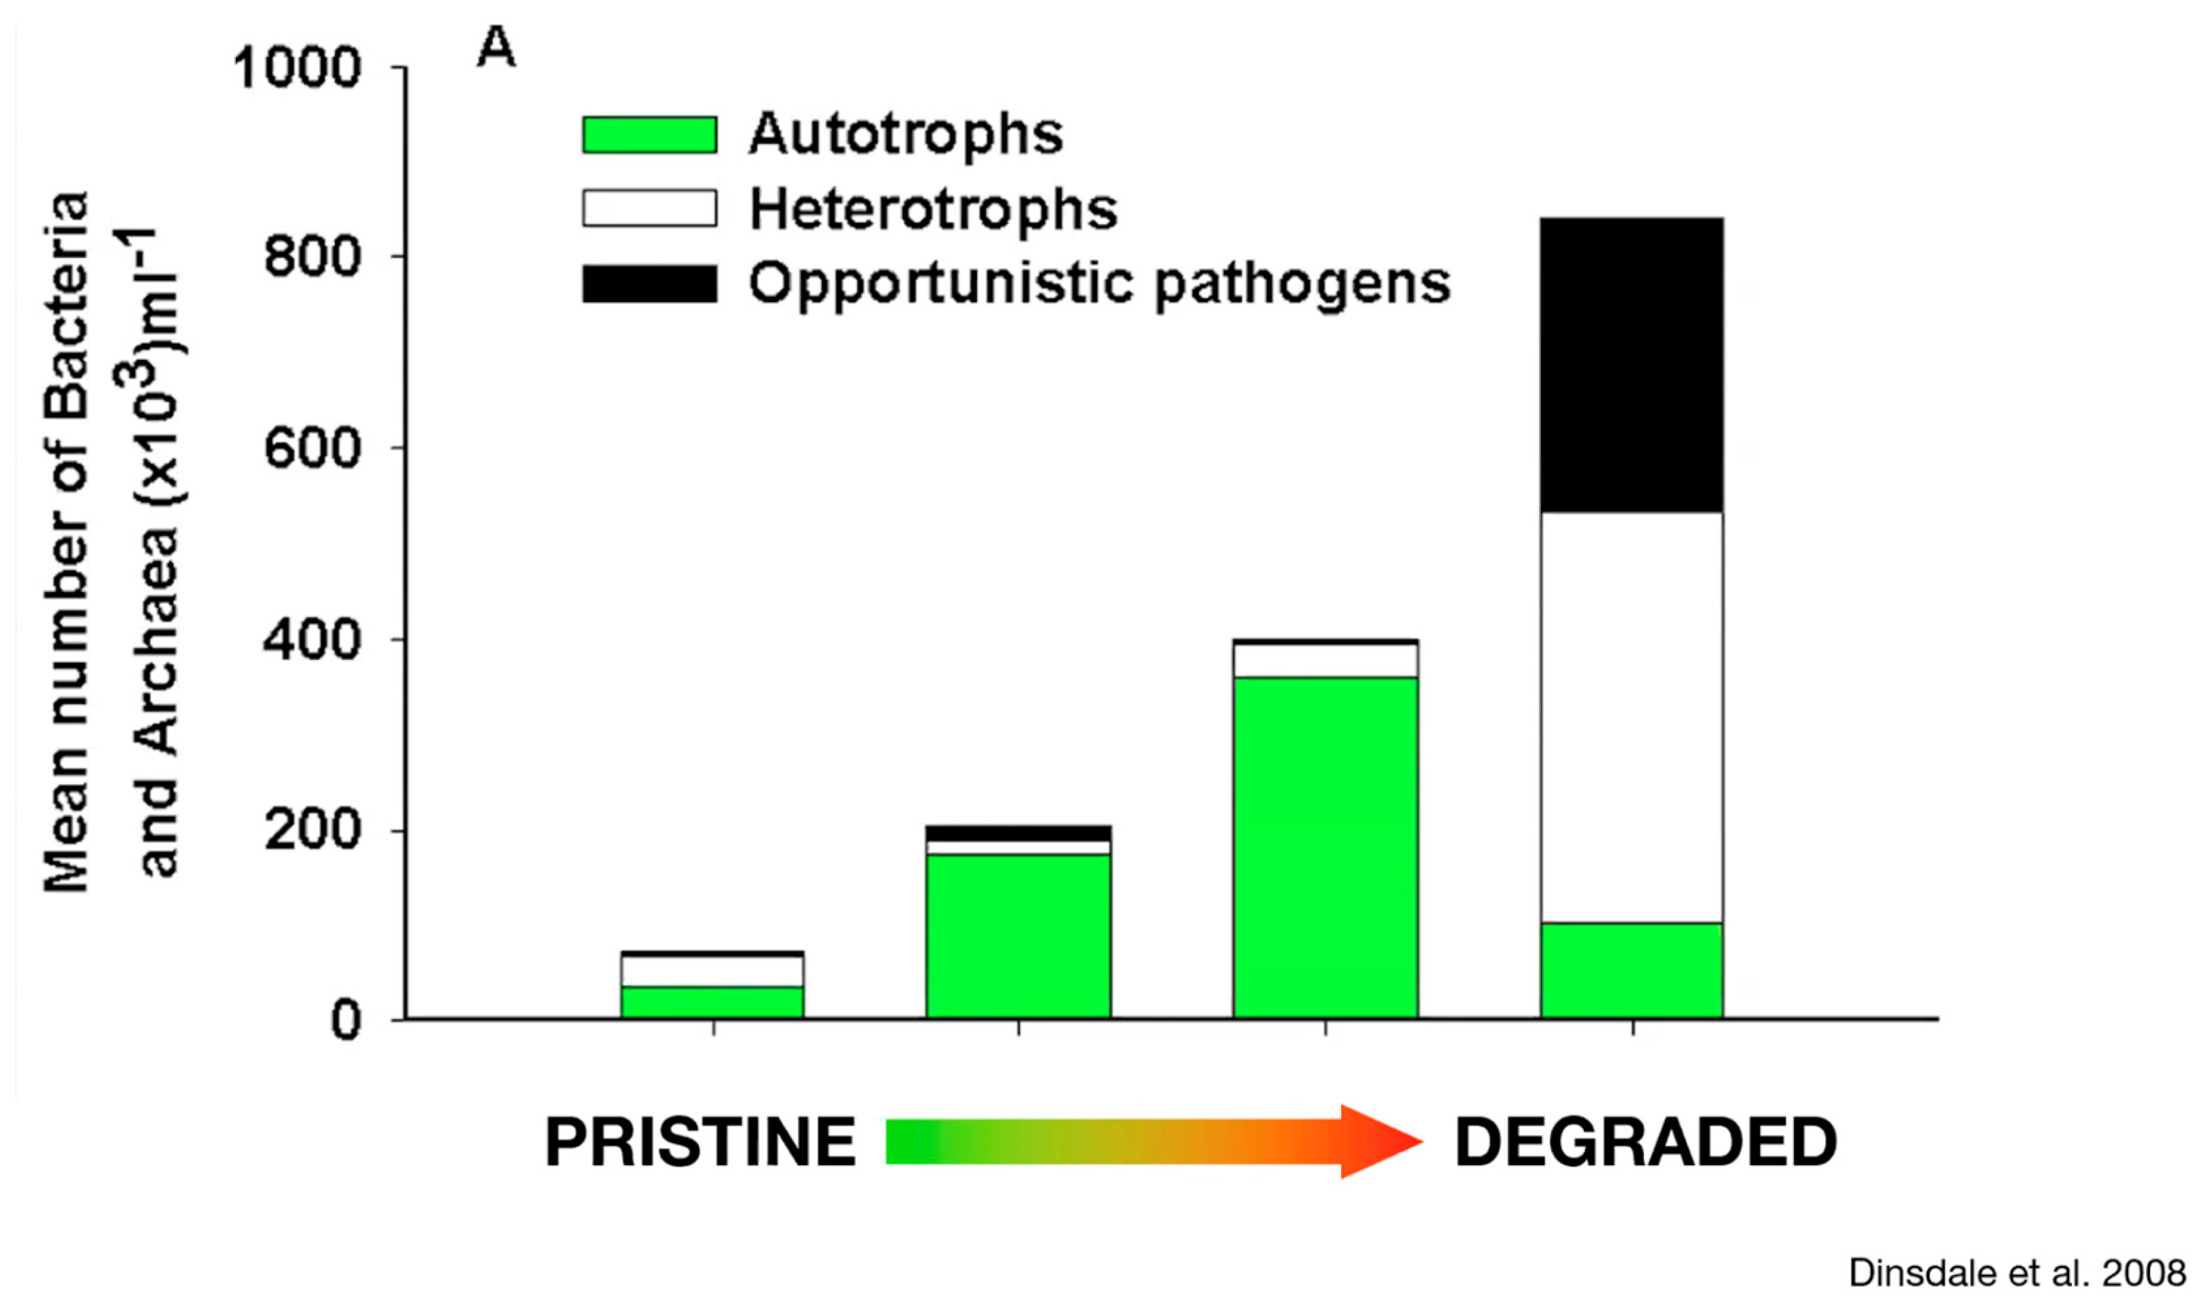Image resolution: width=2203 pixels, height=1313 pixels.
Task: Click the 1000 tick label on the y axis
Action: [296, 67]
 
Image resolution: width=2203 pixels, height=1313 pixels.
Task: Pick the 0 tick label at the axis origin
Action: [346, 1022]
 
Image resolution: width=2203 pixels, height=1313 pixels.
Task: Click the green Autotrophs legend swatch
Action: [650, 135]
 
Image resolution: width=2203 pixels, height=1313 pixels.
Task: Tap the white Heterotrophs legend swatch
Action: [650, 209]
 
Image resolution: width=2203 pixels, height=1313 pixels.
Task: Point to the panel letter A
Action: [496, 49]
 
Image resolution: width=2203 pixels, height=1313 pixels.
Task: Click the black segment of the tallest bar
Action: [1632, 365]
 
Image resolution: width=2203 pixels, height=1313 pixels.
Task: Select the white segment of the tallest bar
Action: [1632, 717]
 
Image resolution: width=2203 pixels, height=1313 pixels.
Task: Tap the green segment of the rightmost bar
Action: [1632, 970]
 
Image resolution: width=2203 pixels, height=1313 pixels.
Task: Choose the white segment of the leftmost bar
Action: [712, 971]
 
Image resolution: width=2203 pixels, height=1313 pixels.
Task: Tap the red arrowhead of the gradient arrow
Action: [1378, 1141]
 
